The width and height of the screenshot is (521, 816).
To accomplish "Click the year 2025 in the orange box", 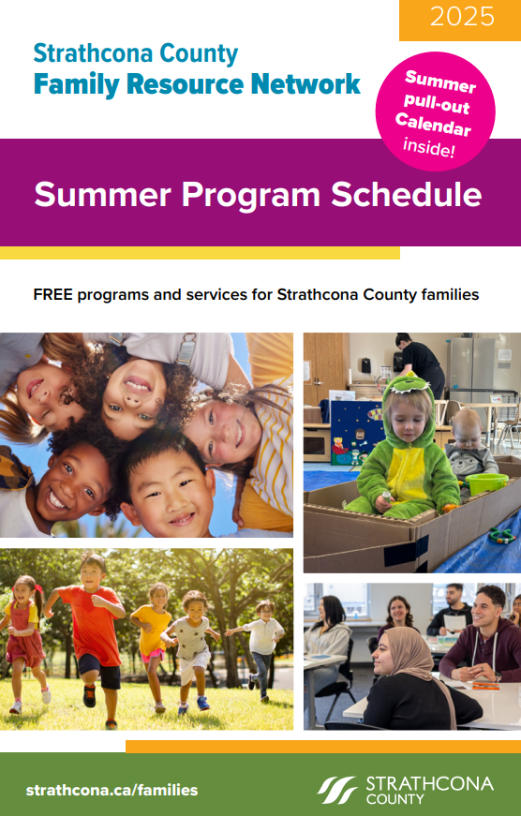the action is point(462,17).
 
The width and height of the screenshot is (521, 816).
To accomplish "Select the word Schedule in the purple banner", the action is point(407,194).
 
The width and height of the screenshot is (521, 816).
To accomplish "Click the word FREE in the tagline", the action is point(53,294).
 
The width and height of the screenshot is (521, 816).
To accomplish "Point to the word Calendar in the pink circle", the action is point(433,124).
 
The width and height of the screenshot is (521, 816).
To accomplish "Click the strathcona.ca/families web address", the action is point(112,790).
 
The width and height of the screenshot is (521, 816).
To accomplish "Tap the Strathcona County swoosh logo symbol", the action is point(336,790).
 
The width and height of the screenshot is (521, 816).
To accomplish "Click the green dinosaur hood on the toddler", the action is point(408,395).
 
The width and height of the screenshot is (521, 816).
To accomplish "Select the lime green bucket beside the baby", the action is point(486,483).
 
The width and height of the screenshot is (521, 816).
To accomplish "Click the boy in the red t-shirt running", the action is point(91,637).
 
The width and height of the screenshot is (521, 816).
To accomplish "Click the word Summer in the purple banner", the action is point(102,195).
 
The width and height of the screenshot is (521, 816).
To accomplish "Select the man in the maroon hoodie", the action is point(480,635).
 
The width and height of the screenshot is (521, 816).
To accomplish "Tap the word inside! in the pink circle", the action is point(429,148).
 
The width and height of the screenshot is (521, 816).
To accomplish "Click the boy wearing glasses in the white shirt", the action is point(261,648).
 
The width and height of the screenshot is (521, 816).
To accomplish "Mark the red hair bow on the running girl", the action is point(37,589).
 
